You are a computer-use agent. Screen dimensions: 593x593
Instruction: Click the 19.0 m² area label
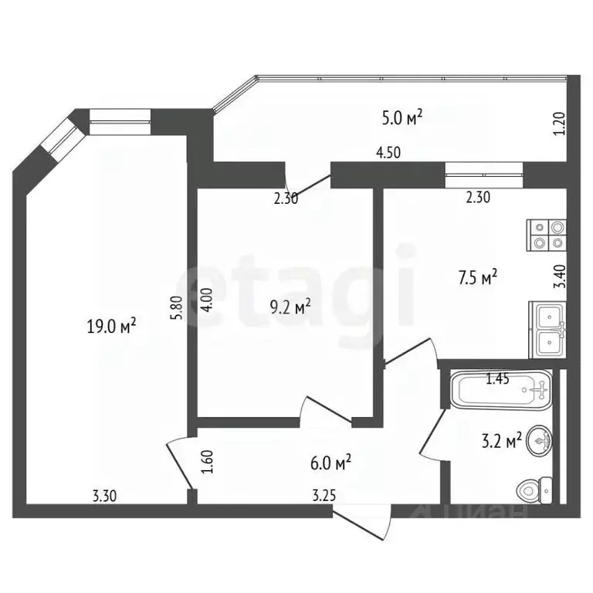(111, 325)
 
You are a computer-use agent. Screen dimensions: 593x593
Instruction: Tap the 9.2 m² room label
(290, 307)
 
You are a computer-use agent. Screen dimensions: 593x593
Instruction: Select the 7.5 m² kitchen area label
(478, 278)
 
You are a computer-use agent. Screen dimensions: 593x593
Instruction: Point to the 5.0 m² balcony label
(402, 117)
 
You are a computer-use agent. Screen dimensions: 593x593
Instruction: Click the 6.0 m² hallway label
(331, 463)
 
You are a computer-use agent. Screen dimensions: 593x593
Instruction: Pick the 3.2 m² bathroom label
(501, 440)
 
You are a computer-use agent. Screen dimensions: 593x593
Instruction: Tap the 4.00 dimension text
(208, 299)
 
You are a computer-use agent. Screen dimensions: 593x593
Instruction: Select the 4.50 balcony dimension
(388, 152)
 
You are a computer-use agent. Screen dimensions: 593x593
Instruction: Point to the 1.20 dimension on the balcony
(561, 124)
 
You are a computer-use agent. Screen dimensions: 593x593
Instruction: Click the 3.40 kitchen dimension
(559, 276)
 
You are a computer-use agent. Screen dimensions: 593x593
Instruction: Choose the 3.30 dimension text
(105, 496)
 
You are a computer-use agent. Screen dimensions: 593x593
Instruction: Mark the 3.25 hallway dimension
(324, 495)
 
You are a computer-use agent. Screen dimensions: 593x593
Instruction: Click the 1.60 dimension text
(208, 462)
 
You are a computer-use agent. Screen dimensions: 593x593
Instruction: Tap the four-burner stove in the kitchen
(546, 236)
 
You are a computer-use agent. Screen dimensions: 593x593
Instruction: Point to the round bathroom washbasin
(539, 442)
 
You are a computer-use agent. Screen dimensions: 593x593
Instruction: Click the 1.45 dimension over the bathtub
(497, 379)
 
